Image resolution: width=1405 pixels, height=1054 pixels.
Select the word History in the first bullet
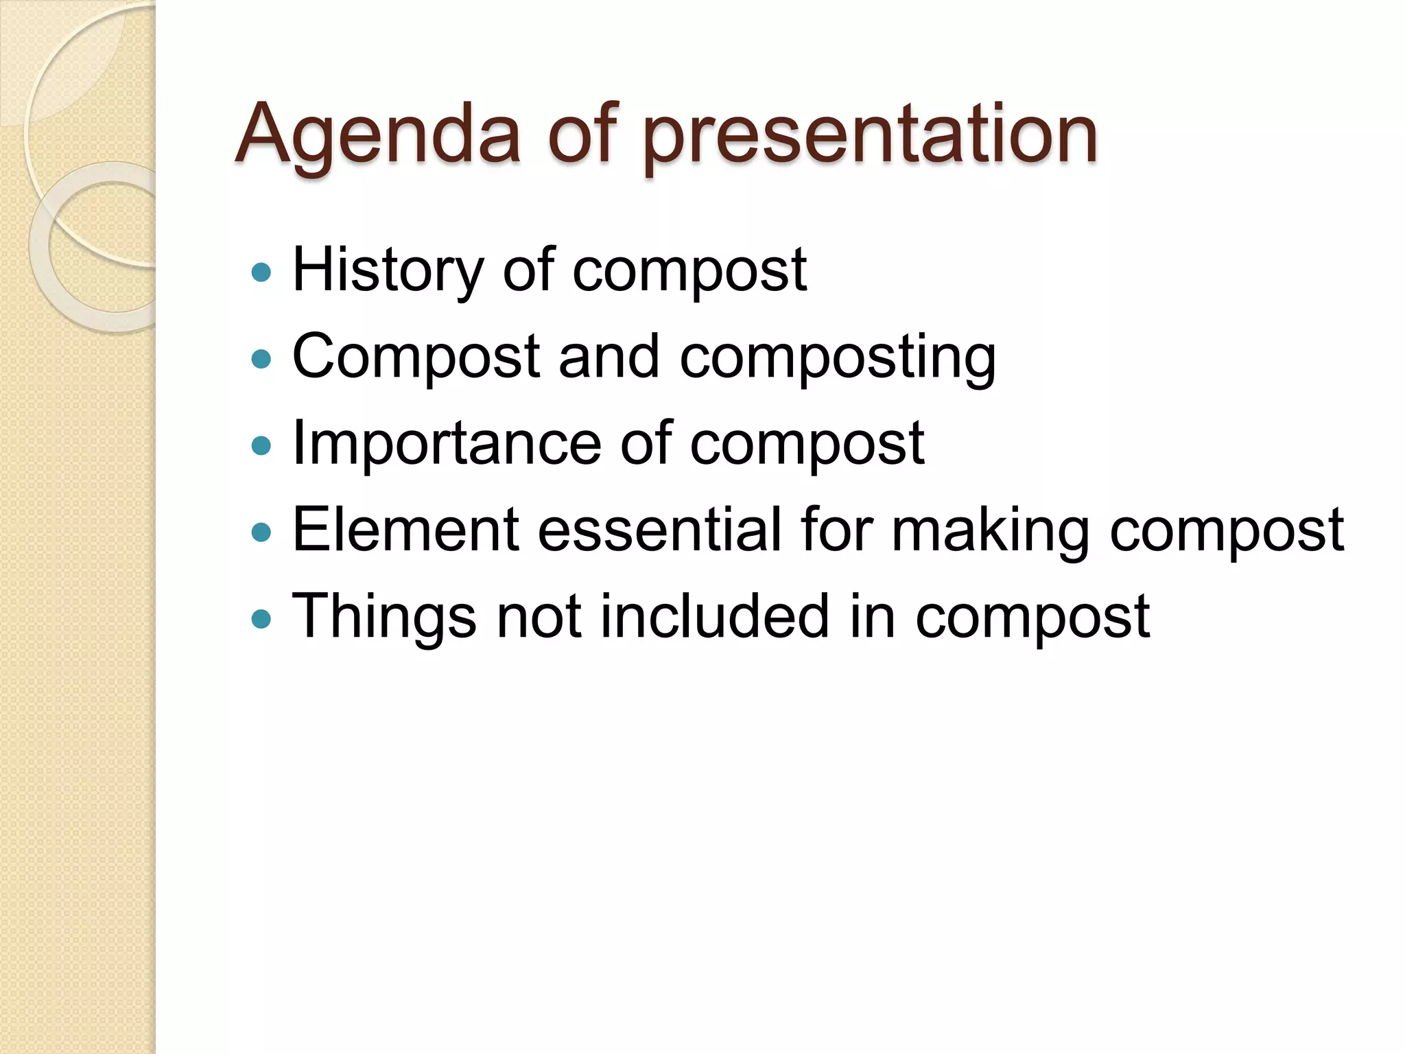[x=388, y=271]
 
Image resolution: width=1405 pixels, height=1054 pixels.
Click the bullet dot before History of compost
[x=261, y=272]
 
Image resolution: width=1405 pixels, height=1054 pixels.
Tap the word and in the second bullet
[x=609, y=357]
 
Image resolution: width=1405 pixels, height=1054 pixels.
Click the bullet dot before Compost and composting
[x=261, y=359]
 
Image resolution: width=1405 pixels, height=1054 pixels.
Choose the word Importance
[x=447, y=445]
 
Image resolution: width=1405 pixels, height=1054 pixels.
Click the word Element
[x=405, y=530]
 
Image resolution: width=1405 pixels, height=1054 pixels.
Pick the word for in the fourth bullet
[x=836, y=530]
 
